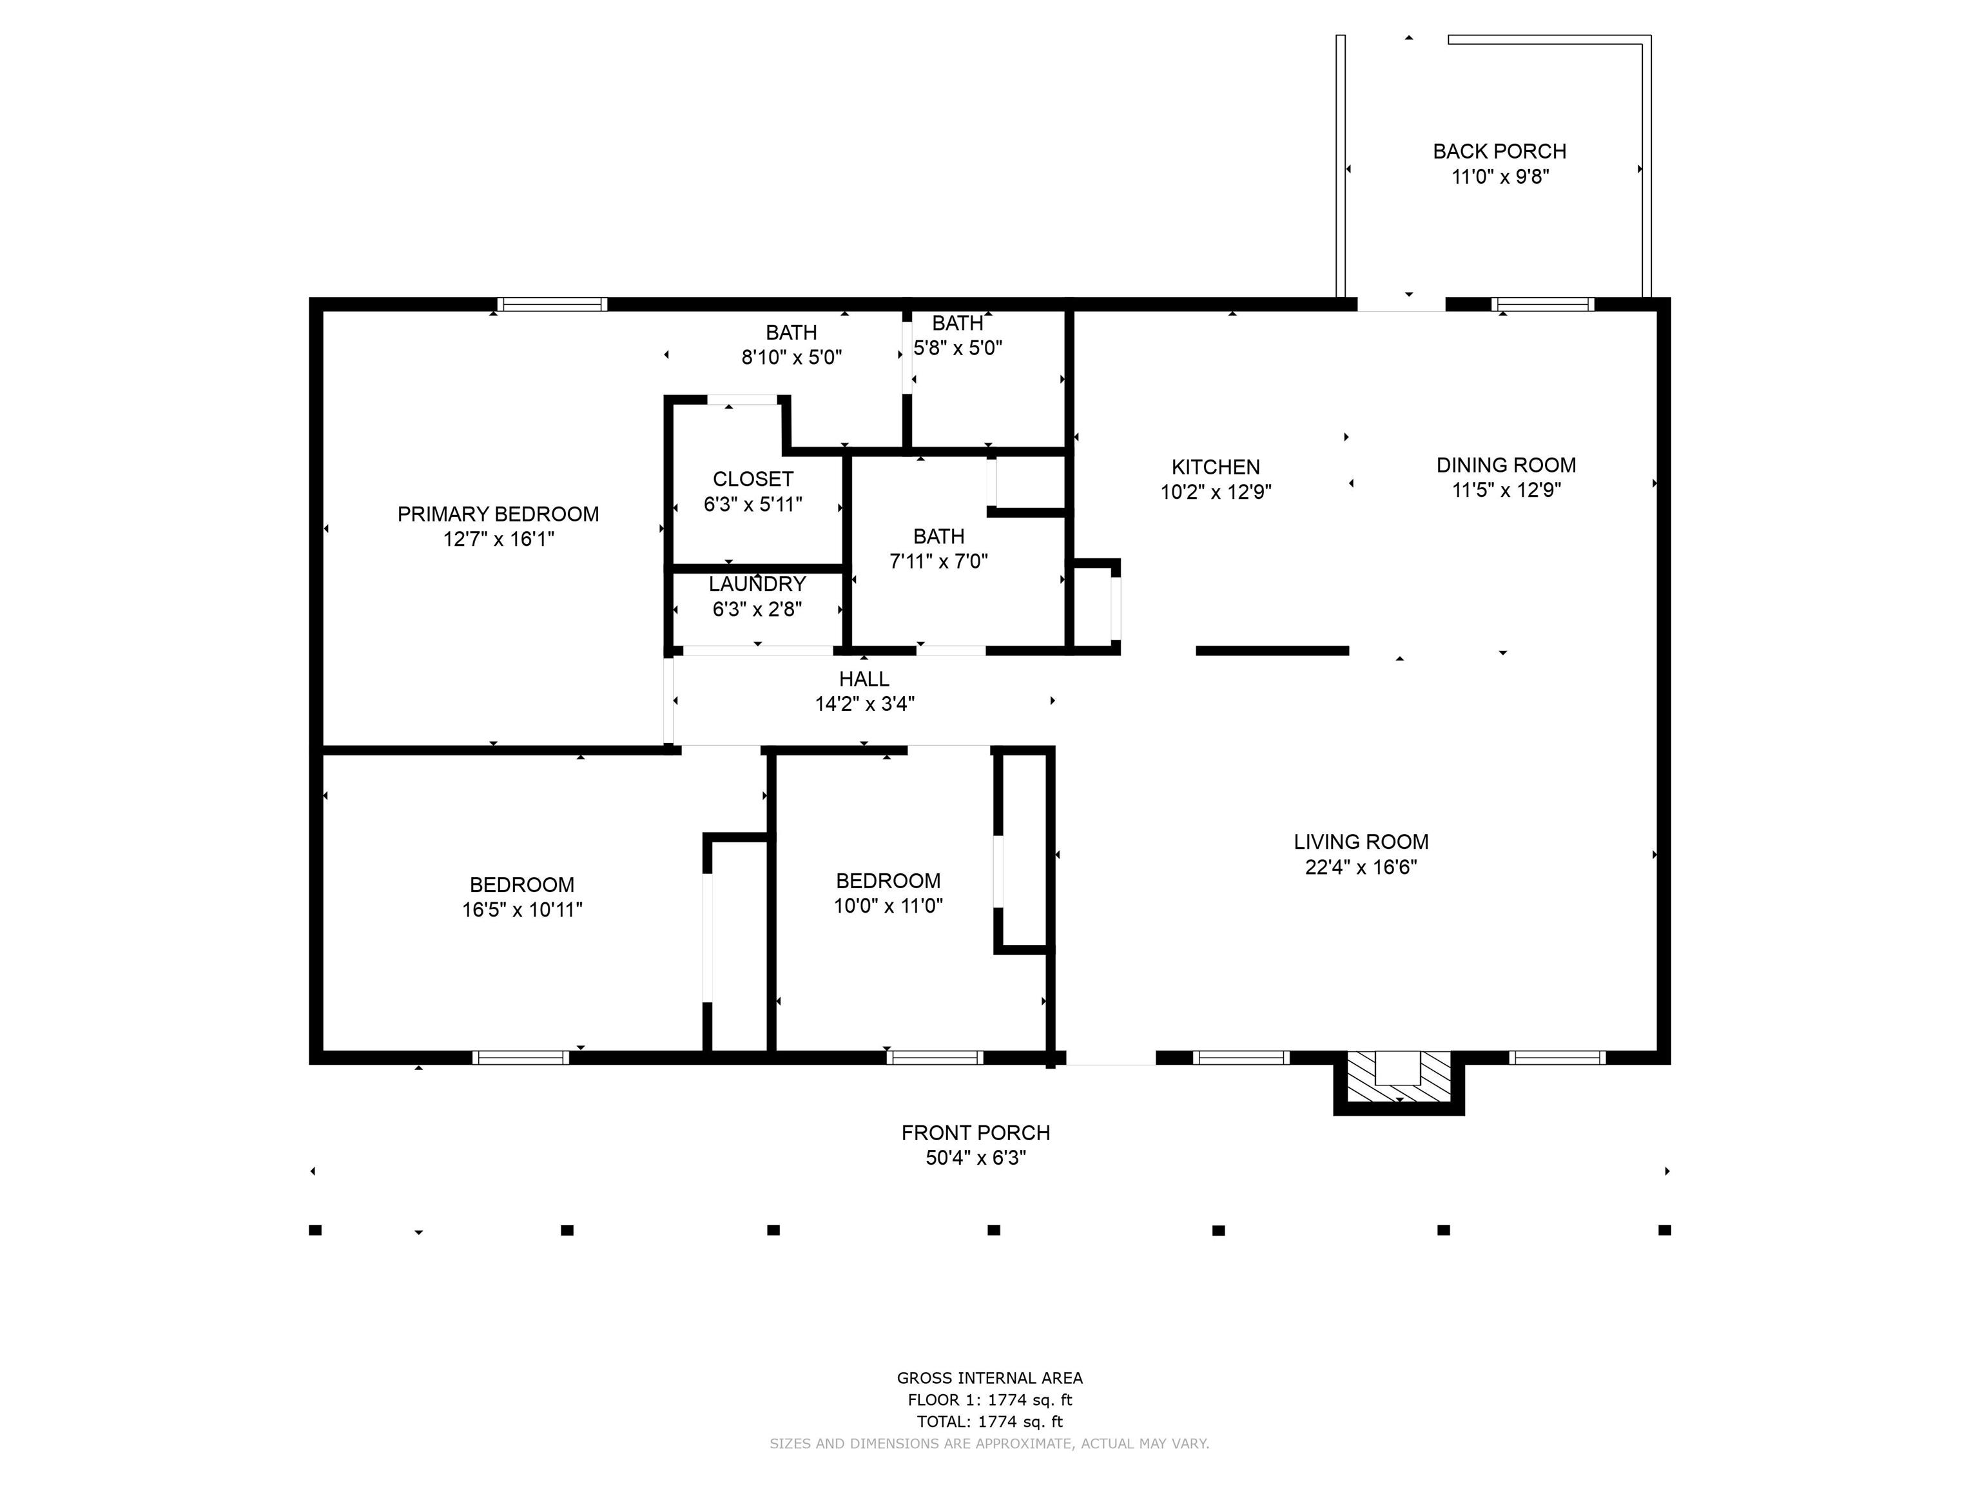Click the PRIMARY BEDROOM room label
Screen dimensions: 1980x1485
point(498,514)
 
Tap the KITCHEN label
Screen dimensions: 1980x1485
point(1216,467)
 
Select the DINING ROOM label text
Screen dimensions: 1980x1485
point(1506,465)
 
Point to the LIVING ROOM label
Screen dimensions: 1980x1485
point(1361,841)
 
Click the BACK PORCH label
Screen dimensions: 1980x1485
point(1499,151)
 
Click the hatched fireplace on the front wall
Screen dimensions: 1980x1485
point(1398,1082)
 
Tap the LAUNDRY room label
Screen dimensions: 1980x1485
point(757,583)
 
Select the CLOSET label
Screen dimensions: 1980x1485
point(753,479)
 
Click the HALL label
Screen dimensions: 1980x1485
point(864,679)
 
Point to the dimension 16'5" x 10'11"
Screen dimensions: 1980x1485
point(522,909)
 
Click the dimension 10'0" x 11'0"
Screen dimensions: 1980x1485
point(888,906)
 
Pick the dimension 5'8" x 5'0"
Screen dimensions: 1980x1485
point(958,347)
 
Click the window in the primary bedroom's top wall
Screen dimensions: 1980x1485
point(552,304)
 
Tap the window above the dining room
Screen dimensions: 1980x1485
point(1543,304)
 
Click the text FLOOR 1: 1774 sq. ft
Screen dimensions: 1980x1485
point(990,1400)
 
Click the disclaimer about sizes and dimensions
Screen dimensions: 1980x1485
point(989,1443)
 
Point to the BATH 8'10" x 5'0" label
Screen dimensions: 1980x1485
point(791,345)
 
